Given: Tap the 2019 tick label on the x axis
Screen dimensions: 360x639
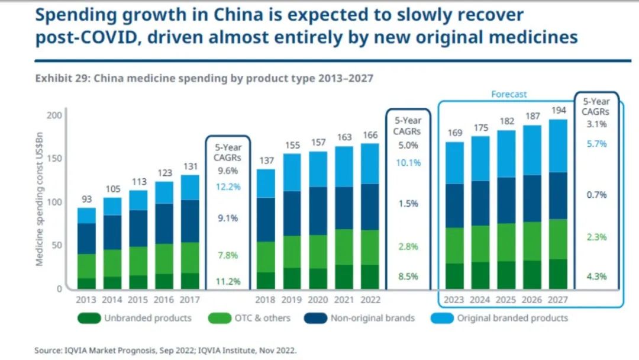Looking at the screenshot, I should point(292,300).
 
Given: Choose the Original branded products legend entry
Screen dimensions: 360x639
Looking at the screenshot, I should point(512,318).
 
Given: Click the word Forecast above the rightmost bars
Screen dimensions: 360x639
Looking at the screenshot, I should point(509,94).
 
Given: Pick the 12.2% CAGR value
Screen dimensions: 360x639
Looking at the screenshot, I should point(228,186).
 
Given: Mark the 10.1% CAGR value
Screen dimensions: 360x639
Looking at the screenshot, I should point(408,162).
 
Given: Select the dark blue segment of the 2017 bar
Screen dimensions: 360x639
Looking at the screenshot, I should point(190,221).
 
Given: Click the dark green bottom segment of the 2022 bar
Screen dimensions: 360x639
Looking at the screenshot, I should point(370,277).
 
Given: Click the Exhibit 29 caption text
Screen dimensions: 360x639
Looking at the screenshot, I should point(204,78).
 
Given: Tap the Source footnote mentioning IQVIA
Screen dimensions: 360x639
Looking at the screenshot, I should point(165,351).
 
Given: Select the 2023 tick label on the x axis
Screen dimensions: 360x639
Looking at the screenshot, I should point(454,300).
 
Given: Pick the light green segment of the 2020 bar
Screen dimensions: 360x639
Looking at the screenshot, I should point(318,252).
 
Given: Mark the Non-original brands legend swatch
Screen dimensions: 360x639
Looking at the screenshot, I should point(315,318).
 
